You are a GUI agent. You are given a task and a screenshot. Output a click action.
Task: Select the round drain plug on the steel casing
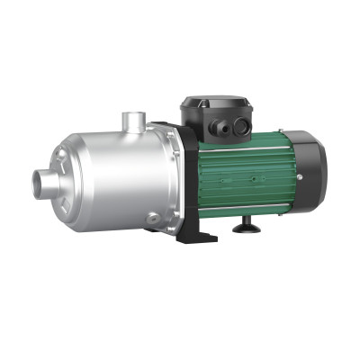pyautogui.click(x=156, y=219)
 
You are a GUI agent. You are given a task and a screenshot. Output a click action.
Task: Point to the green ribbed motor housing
pyautogui.click(x=238, y=175)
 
